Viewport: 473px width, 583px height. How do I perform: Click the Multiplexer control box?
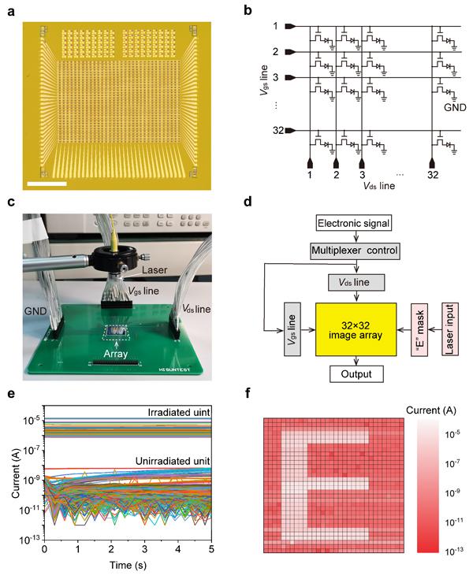[x=353, y=251]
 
